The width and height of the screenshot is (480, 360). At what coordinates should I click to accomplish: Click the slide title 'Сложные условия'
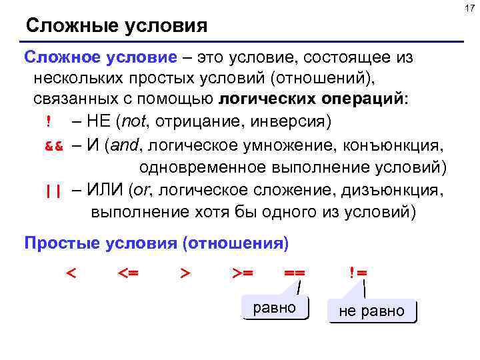(117, 27)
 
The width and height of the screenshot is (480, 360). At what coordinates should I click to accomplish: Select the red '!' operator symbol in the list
(49, 123)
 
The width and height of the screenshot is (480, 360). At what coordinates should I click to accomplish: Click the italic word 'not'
(131, 123)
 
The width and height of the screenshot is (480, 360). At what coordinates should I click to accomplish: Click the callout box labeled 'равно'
(275, 308)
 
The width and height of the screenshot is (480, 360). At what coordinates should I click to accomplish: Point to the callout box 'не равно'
(372, 311)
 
